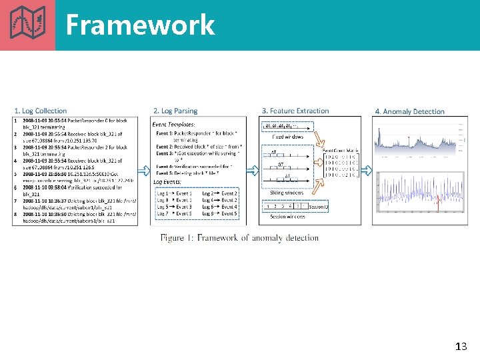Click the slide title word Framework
(140, 25)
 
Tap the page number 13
(460, 346)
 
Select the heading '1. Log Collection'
(41, 111)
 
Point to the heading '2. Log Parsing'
(175, 111)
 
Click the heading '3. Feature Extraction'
(295, 111)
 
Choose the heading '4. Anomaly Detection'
(409, 112)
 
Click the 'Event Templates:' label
(173, 124)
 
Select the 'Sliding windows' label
(287, 193)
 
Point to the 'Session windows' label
(287, 216)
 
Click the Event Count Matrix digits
(341, 169)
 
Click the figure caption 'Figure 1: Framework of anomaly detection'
(239, 238)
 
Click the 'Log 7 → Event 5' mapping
(175, 213)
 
